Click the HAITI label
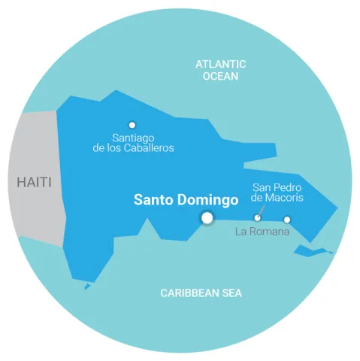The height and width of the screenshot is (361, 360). [35, 183]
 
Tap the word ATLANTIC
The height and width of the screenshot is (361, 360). [220, 65]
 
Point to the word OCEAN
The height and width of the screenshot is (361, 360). [220, 76]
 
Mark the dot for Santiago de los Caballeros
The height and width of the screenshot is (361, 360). [132, 125]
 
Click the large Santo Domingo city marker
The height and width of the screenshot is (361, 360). [206, 218]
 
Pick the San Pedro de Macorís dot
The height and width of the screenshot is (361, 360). [257, 218]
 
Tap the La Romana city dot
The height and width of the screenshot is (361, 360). [286, 220]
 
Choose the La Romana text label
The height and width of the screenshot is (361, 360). [262, 232]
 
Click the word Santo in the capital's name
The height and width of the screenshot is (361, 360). [153, 200]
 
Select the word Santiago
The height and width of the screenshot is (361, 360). [132, 138]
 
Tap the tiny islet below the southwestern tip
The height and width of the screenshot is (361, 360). [87, 286]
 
